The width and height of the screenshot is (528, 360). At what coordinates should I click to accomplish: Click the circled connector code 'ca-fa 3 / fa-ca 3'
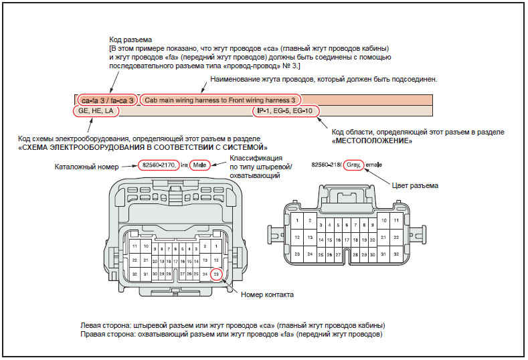click(108, 100)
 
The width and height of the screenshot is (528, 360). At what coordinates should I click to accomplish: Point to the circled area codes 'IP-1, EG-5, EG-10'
click(286, 111)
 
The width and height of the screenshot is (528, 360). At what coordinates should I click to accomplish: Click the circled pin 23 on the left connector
click(215, 274)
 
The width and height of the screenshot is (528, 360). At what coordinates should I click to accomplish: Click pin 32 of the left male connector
click(135, 274)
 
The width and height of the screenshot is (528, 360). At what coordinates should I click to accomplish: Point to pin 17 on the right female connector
click(347, 240)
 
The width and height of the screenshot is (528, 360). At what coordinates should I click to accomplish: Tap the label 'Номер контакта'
click(268, 294)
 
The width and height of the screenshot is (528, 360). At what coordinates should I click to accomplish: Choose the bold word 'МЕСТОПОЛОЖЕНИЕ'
click(371, 141)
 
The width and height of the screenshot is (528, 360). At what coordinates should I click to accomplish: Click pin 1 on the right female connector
click(296, 220)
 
